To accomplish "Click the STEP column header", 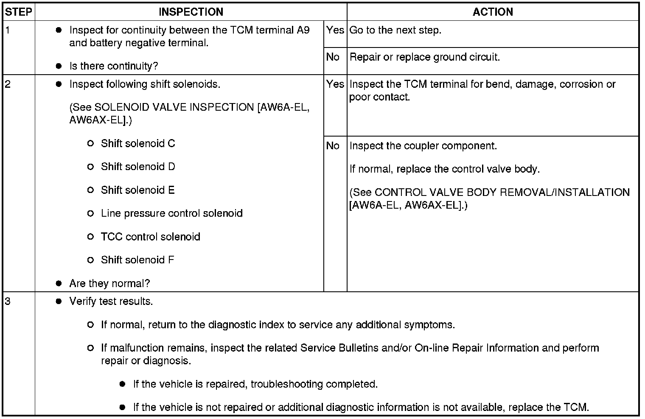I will [x=19, y=12].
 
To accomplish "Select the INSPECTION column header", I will [x=191, y=12].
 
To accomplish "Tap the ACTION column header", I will [x=492, y=12].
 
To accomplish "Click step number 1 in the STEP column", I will [x=8, y=31].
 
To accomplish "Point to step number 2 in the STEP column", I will [x=8, y=84].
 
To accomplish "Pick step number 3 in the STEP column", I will [x=8, y=302].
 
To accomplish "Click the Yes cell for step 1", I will [x=335, y=31].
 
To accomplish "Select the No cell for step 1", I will [x=333, y=57].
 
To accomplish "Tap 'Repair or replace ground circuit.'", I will [x=424, y=57].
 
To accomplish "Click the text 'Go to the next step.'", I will [x=395, y=31].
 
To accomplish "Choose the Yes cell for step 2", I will [x=335, y=84].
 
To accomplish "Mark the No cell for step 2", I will [x=333, y=146].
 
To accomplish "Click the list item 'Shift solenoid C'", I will [x=138, y=144].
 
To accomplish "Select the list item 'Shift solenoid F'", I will [x=137, y=260].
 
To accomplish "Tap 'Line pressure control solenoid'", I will [x=171, y=213].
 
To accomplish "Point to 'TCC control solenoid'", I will [x=150, y=237].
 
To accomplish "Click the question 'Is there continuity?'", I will [x=113, y=66].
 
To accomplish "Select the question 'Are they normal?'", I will [x=109, y=283].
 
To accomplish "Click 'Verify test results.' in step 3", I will [x=111, y=302].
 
